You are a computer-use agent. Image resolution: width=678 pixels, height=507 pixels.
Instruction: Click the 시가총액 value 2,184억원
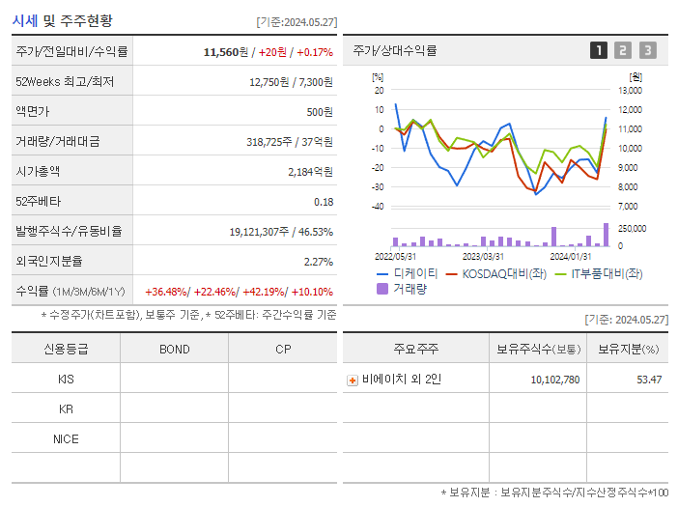pos(310,172)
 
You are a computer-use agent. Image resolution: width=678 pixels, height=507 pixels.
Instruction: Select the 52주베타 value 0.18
pos(324,202)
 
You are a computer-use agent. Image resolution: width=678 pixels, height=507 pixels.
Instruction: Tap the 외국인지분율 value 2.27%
pos(318,262)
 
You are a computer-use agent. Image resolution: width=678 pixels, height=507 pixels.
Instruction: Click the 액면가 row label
pos(35,112)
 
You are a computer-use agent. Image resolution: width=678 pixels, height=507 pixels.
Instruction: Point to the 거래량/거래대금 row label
pos(57,142)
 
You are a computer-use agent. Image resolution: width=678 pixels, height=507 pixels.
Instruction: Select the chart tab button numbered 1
pos(599,50)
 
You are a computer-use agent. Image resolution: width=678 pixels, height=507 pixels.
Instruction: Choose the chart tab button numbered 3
pos(647,50)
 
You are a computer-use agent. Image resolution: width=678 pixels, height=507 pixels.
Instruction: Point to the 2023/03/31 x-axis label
pos(483,257)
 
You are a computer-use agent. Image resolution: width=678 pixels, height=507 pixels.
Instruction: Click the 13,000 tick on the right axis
pos(629,91)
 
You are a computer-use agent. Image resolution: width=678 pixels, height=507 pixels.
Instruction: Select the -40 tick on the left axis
pos(377,207)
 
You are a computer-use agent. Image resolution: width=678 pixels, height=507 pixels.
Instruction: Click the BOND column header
pos(174,350)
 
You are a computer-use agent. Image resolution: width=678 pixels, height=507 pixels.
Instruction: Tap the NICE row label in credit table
pos(66,439)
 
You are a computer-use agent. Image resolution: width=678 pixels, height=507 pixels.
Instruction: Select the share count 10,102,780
pos(554,380)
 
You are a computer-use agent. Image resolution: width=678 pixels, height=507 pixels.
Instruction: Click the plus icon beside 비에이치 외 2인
pos(353,380)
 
